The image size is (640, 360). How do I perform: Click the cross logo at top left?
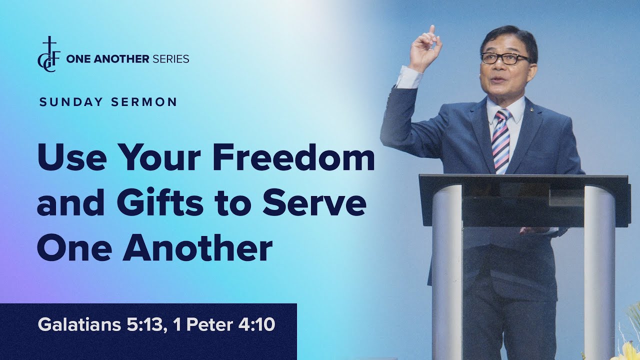(x=49, y=54)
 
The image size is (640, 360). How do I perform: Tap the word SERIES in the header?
(x=170, y=59)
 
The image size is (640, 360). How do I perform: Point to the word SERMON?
(x=144, y=102)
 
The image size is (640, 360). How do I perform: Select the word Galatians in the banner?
(x=79, y=325)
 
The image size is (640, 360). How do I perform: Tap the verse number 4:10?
(x=256, y=325)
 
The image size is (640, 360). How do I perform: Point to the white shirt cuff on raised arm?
(x=409, y=76)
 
